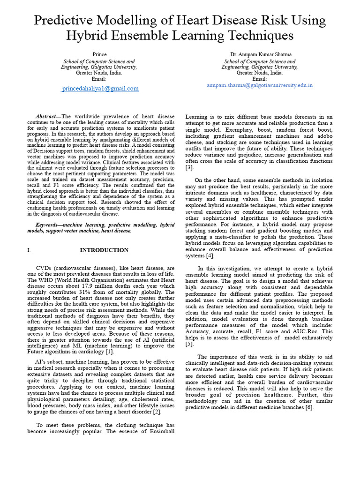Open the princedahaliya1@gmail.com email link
(x=100, y=88)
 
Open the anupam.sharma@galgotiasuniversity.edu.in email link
(x=260, y=85)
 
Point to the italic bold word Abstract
(x=48, y=117)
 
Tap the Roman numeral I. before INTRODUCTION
(x=29, y=250)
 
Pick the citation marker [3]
(x=189, y=167)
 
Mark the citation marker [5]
(x=189, y=344)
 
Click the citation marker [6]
(x=309, y=407)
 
